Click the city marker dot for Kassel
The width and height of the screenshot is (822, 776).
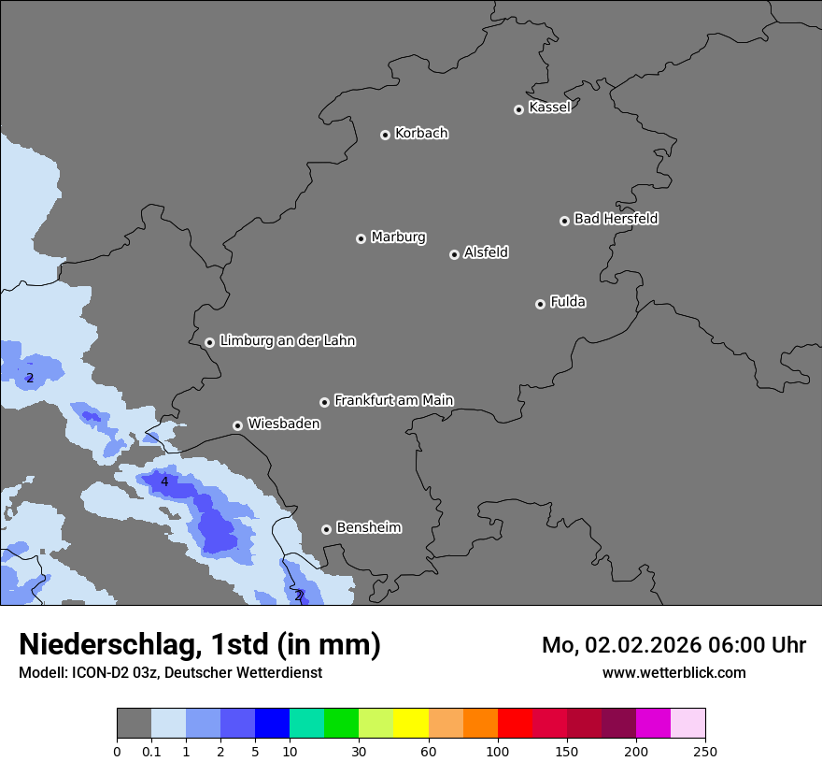click(518, 109)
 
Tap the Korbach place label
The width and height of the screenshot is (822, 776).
click(421, 134)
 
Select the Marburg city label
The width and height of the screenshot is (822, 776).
click(398, 237)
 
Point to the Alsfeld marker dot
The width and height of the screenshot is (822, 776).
click(454, 254)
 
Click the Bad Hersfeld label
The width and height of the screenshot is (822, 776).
click(616, 219)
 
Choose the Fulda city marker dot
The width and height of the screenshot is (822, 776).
click(540, 304)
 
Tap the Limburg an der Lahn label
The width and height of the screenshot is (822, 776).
click(287, 341)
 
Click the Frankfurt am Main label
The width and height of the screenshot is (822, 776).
click(393, 400)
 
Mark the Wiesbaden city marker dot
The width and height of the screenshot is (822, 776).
click(237, 425)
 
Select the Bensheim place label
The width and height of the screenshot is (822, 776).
click(368, 527)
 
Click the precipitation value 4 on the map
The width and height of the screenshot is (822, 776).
click(164, 482)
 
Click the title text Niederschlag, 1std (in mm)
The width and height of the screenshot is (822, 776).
click(200, 644)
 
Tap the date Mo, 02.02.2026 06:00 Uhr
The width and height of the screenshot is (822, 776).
click(673, 645)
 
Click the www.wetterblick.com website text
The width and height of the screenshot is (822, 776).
click(673, 672)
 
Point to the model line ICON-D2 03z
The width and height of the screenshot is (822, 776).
click(170, 672)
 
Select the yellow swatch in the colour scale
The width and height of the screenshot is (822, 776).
click(411, 724)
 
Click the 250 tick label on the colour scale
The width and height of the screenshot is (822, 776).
click(705, 752)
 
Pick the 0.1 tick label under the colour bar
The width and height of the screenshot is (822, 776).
click(151, 752)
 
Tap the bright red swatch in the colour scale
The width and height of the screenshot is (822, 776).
click(515, 724)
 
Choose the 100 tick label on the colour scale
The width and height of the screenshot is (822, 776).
click(498, 752)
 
